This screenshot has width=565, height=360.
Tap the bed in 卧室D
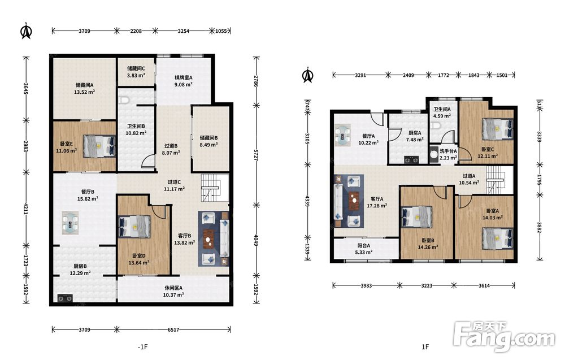[x=134, y=226]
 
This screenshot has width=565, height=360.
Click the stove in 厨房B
[x=65, y=298]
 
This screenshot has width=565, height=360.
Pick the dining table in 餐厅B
[x=70, y=223]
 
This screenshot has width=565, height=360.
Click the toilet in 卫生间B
[x=124, y=101]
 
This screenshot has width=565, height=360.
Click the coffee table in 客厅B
[x=208, y=238]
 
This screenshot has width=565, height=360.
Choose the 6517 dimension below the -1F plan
[x=173, y=329]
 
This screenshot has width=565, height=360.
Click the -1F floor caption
[x=143, y=347]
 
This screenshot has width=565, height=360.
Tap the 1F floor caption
[x=425, y=346]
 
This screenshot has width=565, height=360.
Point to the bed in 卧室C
[x=497, y=129]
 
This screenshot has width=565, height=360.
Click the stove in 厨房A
[x=411, y=159]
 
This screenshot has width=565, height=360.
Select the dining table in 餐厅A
[x=342, y=135]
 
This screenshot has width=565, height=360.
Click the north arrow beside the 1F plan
[x=307, y=75]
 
